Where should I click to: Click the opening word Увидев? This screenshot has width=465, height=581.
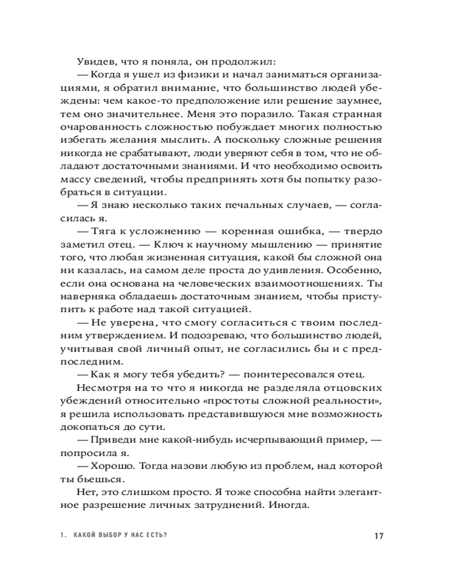pyautogui.click(x=94, y=60)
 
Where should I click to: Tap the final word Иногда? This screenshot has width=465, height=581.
pyautogui.click(x=285, y=506)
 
